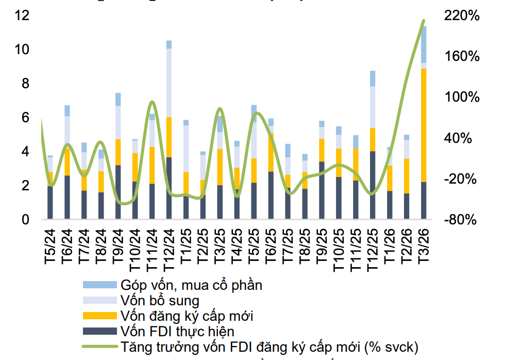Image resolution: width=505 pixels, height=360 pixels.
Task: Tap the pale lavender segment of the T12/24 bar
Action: tap(169, 83)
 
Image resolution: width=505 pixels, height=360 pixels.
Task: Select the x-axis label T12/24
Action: tap(169, 251)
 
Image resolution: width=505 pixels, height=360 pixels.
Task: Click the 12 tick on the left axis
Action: tap(22, 15)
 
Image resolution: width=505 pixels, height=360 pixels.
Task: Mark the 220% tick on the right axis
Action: tap(462, 15)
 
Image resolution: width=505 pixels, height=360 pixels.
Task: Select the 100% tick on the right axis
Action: tap(462, 97)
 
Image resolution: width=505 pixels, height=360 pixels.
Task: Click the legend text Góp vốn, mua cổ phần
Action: tap(192, 285)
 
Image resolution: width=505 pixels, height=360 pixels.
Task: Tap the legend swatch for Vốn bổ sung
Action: tap(100, 300)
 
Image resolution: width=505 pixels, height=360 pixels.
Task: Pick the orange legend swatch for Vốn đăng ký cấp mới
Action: tap(100, 315)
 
